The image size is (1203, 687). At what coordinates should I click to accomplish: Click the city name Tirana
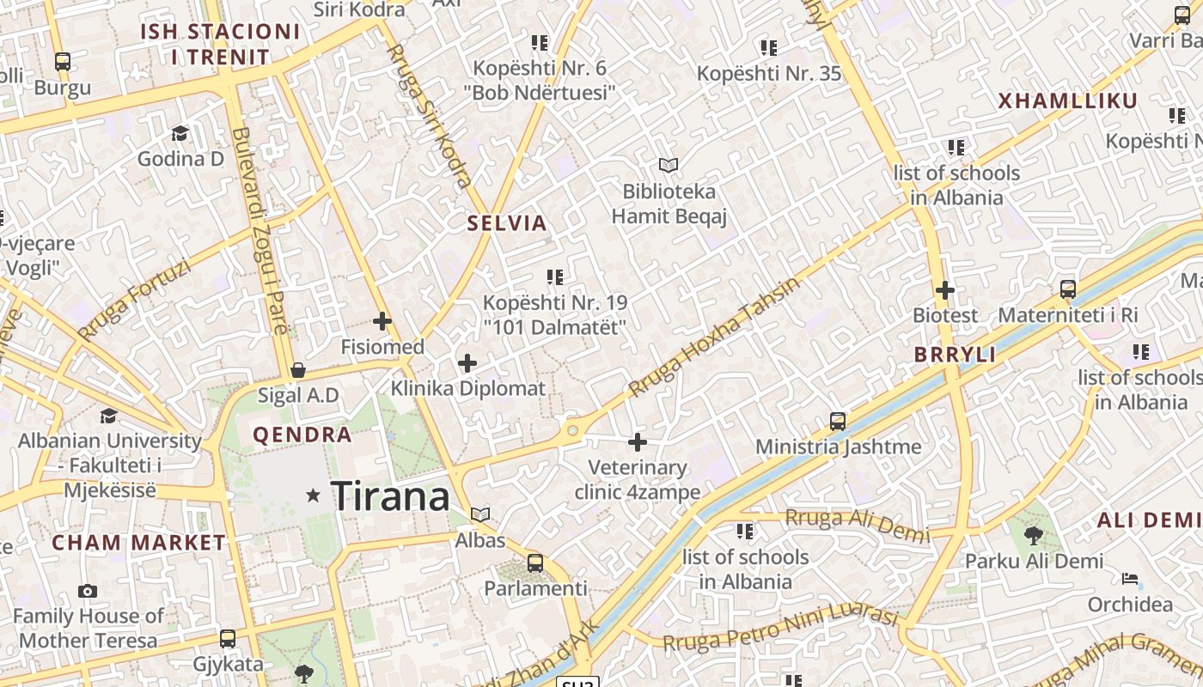(x=390, y=496)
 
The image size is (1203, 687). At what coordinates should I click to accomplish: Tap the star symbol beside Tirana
(x=314, y=495)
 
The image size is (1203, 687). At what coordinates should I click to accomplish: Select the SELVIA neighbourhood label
(x=507, y=223)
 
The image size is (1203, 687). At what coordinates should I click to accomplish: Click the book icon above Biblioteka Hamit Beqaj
(x=669, y=164)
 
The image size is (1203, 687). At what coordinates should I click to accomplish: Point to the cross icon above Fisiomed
(x=382, y=322)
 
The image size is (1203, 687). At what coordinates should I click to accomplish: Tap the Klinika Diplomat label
(x=468, y=388)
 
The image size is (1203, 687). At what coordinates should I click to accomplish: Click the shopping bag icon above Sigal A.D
(x=298, y=370)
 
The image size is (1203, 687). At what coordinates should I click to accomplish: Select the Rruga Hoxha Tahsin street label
(x=713, y=337)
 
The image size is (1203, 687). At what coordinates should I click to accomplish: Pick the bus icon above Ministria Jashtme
(x=838, y=421)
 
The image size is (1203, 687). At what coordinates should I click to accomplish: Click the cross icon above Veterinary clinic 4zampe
(x=637, y=442)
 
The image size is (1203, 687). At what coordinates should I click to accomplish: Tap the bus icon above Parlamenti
(x=535, y=563)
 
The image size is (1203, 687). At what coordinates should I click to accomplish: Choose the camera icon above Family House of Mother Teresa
(x=87, y=591)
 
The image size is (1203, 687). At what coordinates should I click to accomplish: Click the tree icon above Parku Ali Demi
(x=1034, y=536)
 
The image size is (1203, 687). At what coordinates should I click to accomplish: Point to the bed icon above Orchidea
(x=1130, y=579)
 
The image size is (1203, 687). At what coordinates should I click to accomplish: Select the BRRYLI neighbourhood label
(x=955, y=355)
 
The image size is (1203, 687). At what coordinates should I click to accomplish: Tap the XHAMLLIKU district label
(x=1067, y=101)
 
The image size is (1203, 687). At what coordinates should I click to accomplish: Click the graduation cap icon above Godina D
(x=180, y=133)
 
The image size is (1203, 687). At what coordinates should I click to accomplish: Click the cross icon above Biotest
(x=945, y=290)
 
